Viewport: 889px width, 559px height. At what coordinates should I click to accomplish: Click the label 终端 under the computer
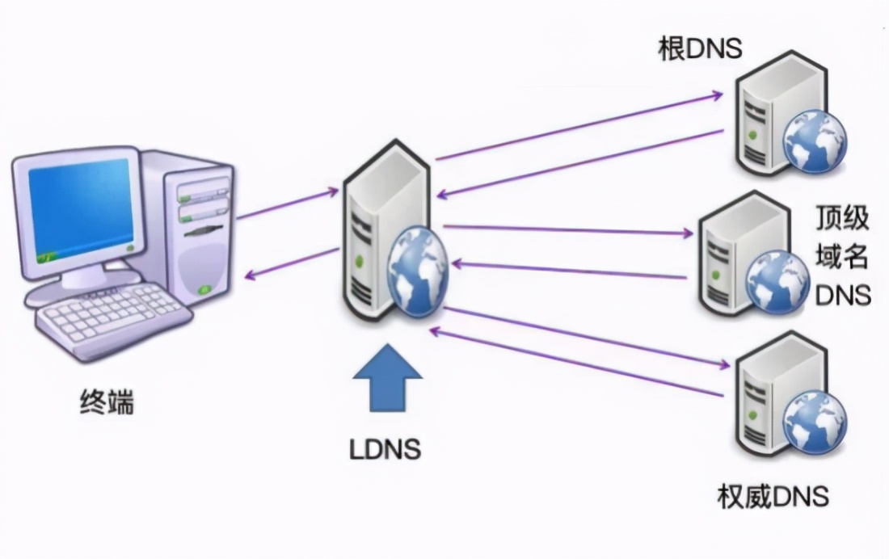pyautogui.click(x=107, y=401)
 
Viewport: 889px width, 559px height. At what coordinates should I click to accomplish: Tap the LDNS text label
pyautogui.click(x=386, y=449)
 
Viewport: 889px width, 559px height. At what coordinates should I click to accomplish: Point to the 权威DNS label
pyautogui.click(x=773, y=495)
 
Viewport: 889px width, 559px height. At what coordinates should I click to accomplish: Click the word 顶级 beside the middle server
pyautogui.click(x=842, y=219)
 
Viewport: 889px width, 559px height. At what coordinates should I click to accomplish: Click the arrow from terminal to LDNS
pyautogui.click(x=288, y=204)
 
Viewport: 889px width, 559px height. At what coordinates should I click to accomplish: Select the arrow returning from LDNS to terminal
pyautogui.click(x=291, y=264)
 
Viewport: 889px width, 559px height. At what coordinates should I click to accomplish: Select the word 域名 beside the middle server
pyautogui.click(x=842, y=257)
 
